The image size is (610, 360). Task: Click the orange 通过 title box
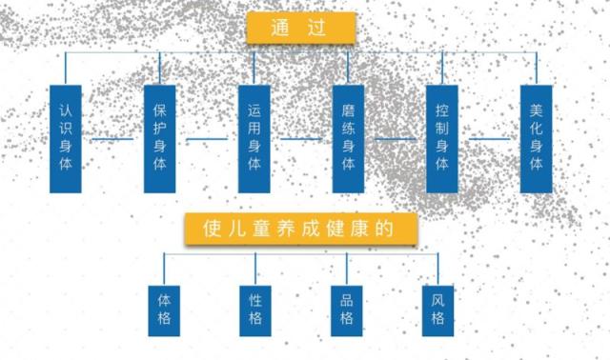click(x=301, y=28)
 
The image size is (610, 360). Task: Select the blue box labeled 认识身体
click(x=65, y=138)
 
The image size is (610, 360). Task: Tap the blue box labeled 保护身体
click(x=160, y=138)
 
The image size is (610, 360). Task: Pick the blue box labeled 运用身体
click(x=254, y=138)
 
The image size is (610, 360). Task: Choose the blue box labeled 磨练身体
click(x=348, y=138)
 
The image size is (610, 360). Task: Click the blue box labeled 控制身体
click(x=442, y=138)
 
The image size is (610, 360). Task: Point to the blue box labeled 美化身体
click(x=536, y=138)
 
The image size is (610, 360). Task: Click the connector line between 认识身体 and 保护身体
click(x=112, y=139)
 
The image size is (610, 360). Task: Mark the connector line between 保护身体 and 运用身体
click(x=207, y=139)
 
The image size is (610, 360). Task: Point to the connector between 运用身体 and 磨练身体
click(x=301, y=139)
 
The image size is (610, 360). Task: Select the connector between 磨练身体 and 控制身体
click(x=395, y=139)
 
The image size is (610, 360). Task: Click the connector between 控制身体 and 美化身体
click(x=489, y=139)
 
